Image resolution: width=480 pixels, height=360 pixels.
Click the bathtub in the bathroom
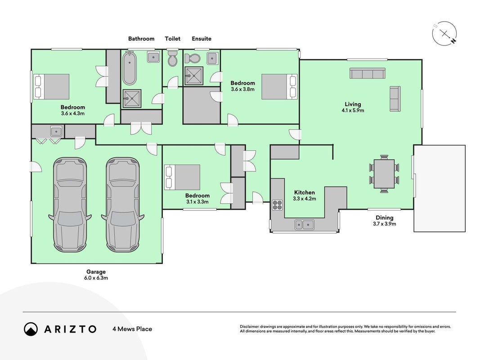tap(130, 68)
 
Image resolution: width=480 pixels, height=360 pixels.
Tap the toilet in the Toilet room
tap(173, 58)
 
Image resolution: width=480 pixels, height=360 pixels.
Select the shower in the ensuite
tap(194, 76)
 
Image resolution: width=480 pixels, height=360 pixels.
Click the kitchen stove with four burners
tap(278, 205)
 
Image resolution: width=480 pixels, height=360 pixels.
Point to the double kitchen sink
tap(304, 225)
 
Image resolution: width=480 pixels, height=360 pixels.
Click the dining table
tap(384, 174)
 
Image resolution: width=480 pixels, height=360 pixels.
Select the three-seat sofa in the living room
tap(368, 73)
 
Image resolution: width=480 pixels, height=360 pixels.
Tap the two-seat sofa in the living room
tap(395, 99)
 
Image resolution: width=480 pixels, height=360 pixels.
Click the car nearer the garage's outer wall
tap(70, 204)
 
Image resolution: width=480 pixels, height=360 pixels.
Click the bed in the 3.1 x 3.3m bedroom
tap(182, 177)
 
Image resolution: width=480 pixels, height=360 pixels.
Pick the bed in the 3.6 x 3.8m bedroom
tap(279, 87)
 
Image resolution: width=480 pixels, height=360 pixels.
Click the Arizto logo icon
tap(31, 329)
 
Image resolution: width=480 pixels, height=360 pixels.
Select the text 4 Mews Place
tap(132, 329)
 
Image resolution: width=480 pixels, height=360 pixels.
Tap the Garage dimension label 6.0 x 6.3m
tap(96, 278)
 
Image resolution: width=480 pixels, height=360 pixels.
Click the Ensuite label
tap(202, 39)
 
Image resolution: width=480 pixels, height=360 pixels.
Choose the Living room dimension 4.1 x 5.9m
tap(353, 111)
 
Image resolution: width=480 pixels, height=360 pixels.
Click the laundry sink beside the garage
tap(56, 132)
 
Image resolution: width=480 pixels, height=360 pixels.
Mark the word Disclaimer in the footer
tap(249, 327)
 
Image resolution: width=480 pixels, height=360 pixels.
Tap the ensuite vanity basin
tap(213, 58)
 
